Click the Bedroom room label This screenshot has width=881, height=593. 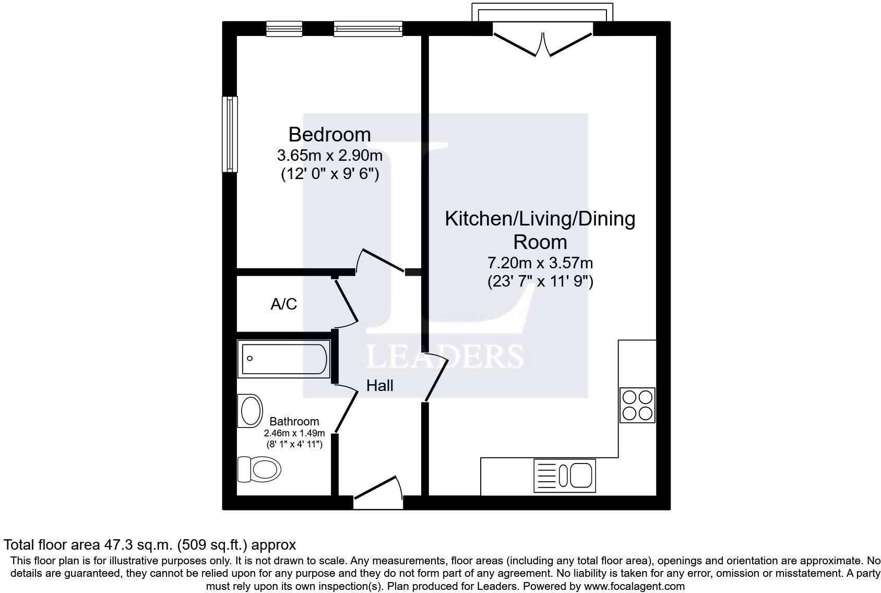click(x=329, y=135)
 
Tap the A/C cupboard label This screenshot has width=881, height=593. click(x=283, y=304)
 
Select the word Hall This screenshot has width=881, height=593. click(x=379, y=386)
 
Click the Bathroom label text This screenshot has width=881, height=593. click(x=294, y=421)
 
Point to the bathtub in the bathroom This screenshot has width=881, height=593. click(x=283, y=359)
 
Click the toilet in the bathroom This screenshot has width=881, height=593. click(x=259, y=469)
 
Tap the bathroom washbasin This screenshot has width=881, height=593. click(x=250, y=411)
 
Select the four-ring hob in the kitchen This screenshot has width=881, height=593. click(x=637, y=405)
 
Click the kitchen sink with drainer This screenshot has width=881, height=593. click(x=564, y=476)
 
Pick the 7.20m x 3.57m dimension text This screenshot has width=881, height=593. click(x=540, y=263)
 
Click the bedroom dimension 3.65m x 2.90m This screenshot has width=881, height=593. click(x=329, y=156)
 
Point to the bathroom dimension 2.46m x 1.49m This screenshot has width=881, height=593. click(x=294, y=433)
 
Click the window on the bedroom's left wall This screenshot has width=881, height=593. click(x=230, y=134)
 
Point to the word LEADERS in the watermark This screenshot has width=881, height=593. click(x=445, y=357)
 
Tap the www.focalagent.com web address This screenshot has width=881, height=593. click(x=635, y=586)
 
